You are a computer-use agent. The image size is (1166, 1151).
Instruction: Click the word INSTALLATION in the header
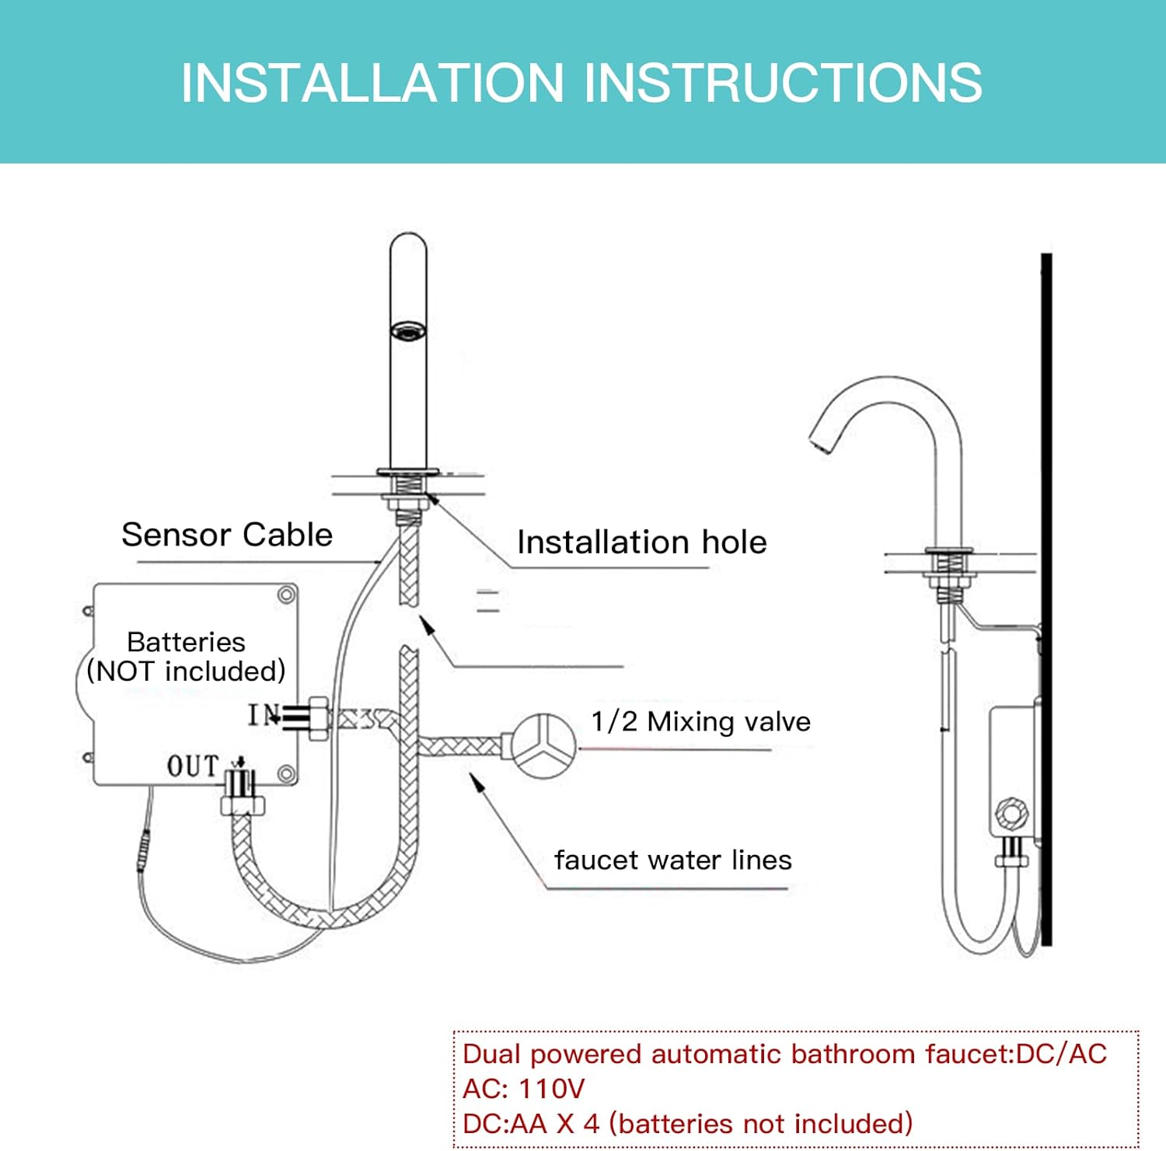pyautogui.click(x=372, y=82)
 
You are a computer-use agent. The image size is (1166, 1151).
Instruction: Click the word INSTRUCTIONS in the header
pyautogui.click(x=783, y=82)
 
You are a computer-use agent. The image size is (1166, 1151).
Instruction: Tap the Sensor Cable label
pyautogui.click(x=227, y=535)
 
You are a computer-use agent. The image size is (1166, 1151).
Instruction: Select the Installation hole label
pyautogui.click(x=641, y=542)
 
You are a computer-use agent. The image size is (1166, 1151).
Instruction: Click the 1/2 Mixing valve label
pyautogui.click(x=700, y=721)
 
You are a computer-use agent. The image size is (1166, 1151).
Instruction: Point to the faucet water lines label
pyautogui.click(x=672, y=860)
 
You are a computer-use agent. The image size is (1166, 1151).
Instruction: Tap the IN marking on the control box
pyautogui.click(x=262, y=715)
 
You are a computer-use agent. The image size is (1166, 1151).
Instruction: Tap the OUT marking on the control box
pyautogui.click(x=193, y=766)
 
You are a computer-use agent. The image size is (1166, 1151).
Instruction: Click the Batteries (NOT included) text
pyautogui.click(x=186, y=657)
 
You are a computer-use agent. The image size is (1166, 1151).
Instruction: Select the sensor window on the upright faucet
pyautogui.click(x=408, y=331)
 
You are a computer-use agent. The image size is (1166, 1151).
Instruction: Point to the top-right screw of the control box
pyautogui.click(x=286, y=595)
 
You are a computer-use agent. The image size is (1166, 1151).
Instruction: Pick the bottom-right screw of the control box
pyautogui.click(x=286, y=774)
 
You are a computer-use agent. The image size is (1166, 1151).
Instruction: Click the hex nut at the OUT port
pyautogui.click(x=243, y=804)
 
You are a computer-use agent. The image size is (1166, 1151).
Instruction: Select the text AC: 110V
pyautogui.click(x=523, y=1088)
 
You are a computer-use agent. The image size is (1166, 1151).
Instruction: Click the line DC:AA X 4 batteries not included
pyautogui.click(x=687, y=1123)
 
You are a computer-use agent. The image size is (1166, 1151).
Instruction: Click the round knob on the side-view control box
pyautogui.click(x=1012, y=814)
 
